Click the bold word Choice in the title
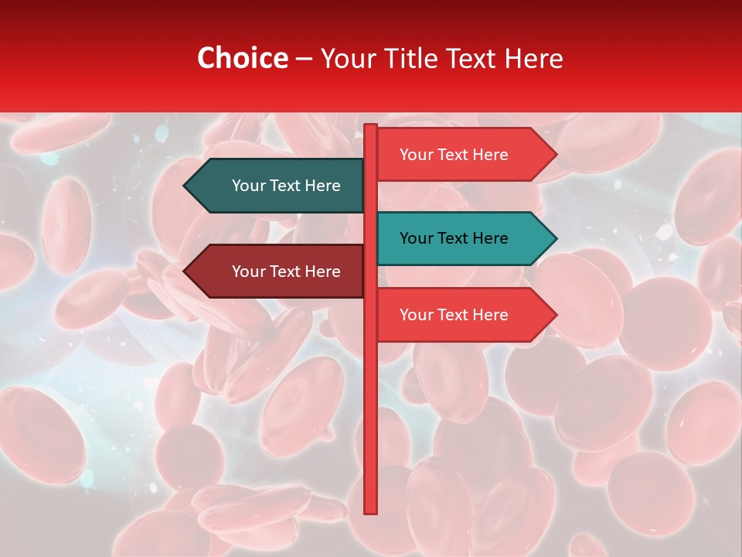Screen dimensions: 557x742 (x=242, y=58)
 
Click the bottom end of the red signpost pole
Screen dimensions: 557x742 (x=371, y=511)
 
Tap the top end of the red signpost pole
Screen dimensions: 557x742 (x=371, y=127)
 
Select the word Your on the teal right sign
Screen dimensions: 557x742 (x=416, y=238)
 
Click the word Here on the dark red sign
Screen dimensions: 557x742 (x=322, y=272)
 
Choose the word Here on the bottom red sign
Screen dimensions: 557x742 (x=490, y=315)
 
